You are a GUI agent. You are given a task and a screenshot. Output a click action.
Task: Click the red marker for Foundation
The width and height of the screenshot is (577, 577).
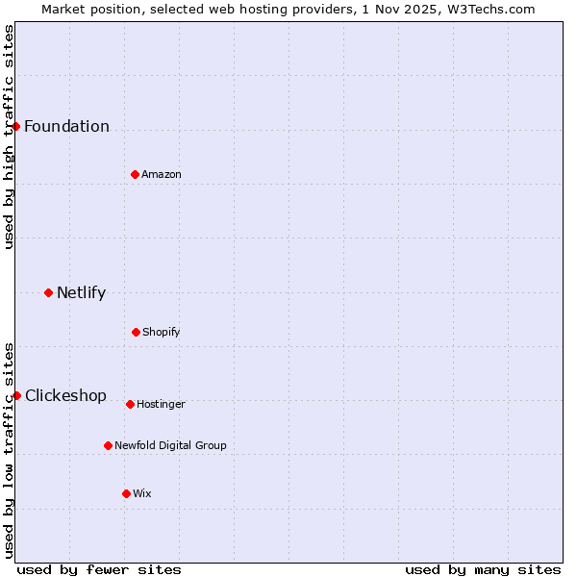click(15, 126)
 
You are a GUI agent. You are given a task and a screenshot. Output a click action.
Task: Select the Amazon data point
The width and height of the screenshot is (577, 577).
click(135, 174)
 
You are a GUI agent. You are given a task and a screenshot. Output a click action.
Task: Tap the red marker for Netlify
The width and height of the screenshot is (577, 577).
click(48, 292)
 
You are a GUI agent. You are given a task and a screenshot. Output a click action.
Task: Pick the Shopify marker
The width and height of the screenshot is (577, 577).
click(136, 332)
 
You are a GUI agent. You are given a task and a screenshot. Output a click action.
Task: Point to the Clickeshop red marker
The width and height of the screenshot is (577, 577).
click(16, 395)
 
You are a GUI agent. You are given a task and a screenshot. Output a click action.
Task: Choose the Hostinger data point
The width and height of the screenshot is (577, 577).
click(130, 404)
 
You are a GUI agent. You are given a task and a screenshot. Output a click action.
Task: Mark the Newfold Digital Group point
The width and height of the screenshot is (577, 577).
click(108, 445)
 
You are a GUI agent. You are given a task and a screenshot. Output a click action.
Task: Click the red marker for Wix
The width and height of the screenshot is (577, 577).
click(126, 493)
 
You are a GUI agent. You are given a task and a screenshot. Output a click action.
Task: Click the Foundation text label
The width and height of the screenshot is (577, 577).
click(66, 127)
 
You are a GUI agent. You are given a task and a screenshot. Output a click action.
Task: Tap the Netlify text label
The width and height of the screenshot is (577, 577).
click(81, 293)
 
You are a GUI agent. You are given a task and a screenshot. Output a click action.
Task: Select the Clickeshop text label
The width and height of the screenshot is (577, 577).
click(65, 396)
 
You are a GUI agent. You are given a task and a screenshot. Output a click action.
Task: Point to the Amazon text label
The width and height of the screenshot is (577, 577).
click(162, 175)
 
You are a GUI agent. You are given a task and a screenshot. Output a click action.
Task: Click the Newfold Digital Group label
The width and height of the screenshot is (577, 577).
click(170, 446)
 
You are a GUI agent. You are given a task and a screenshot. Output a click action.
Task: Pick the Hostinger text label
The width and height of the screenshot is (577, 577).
click(161, 405)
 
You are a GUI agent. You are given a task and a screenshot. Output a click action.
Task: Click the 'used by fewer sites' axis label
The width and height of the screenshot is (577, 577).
click(99, 569)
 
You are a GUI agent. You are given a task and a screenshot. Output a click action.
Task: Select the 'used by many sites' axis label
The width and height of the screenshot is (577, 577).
click(483, 569)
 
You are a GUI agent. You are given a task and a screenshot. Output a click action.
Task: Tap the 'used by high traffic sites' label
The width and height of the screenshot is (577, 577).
click(10, 137)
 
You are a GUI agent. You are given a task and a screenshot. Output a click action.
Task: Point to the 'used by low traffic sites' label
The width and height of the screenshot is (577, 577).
click(10, 449)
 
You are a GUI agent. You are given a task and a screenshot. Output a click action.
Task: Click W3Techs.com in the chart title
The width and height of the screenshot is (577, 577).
click(488, 9)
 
